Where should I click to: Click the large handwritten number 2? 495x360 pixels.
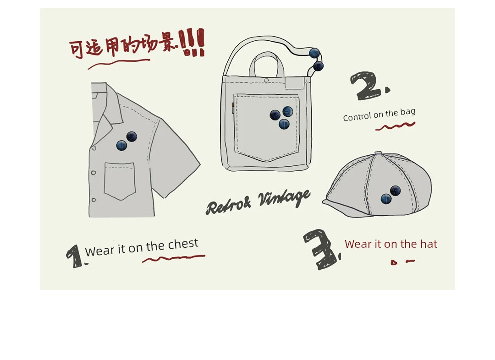point(368,86)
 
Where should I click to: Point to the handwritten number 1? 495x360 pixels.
point(75,256)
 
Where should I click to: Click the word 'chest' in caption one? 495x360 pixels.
point(183,244)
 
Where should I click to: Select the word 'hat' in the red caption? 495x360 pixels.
point(429,244)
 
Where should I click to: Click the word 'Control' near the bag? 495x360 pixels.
point(357,117)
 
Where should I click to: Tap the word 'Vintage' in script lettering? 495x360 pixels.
point(284,198)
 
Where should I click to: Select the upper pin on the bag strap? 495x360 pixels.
point(314,53)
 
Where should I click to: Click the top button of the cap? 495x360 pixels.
point(378,153)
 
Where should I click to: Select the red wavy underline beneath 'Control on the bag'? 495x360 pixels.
point(395,126)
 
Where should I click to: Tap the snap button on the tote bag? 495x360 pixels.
point(266,81)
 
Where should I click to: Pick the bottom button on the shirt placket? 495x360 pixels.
point(93,200)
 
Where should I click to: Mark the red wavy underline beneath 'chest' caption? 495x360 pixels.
point(174,258)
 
